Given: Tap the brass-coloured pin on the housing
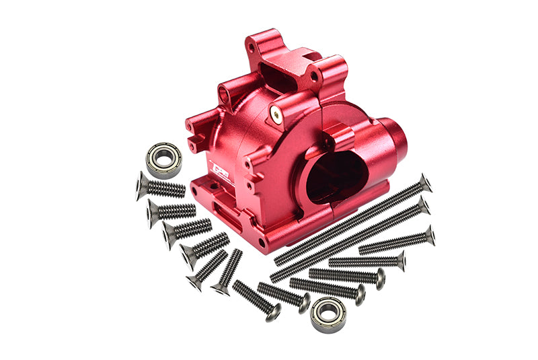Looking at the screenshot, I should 276,114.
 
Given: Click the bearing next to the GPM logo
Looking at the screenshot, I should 163,159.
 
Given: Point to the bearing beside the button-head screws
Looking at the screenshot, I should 328,313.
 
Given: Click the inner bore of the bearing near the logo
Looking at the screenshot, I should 163,159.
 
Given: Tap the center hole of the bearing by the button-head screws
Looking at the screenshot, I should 328,313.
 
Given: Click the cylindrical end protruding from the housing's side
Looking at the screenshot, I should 393,142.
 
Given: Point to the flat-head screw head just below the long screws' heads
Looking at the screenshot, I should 428,236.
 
